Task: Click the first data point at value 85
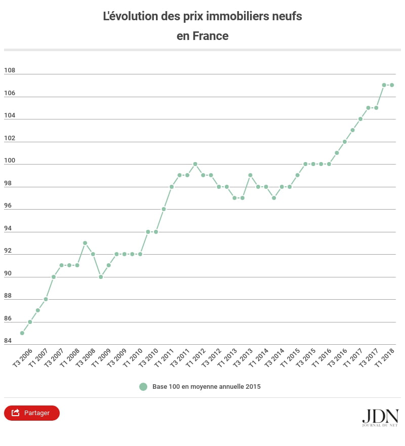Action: click(22, 333)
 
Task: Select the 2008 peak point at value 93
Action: click(85, 243)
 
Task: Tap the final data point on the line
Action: click(392, 85)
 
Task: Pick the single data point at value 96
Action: click(164, 209)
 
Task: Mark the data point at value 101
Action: click(337, 153)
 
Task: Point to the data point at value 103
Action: click(352, 130)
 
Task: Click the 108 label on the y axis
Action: click(10, 70)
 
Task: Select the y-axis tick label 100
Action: click(10, 160)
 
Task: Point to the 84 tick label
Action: click(8, 341)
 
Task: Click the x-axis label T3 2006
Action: click(24, 357)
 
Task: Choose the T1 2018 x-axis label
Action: click(385, 357)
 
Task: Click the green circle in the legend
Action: click(143, 387)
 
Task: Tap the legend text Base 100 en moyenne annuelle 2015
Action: click(207, 387)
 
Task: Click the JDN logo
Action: click(380, 416)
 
